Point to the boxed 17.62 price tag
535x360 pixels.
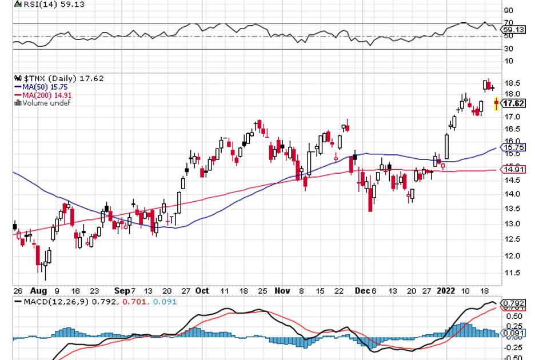pyautogui.click(x=513, y=103)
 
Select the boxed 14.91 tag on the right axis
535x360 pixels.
pyautogui.click(x=513, y=169)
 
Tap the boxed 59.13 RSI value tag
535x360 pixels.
pyautogui.click(x=513, y=29)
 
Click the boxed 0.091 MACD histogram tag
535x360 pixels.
pyautogui.click(x=513, y=333)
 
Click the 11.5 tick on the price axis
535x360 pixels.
pyautogui.click(x=511, y=273)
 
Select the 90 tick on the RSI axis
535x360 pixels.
pyautogui.click(x=508, y=10)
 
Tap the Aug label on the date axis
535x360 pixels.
pyautogui.click(x=39, y=290)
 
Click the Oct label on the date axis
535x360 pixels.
pyautogui.click(x=202, y=290)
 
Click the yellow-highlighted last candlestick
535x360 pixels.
pyautogui.click(x=496, y=103)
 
